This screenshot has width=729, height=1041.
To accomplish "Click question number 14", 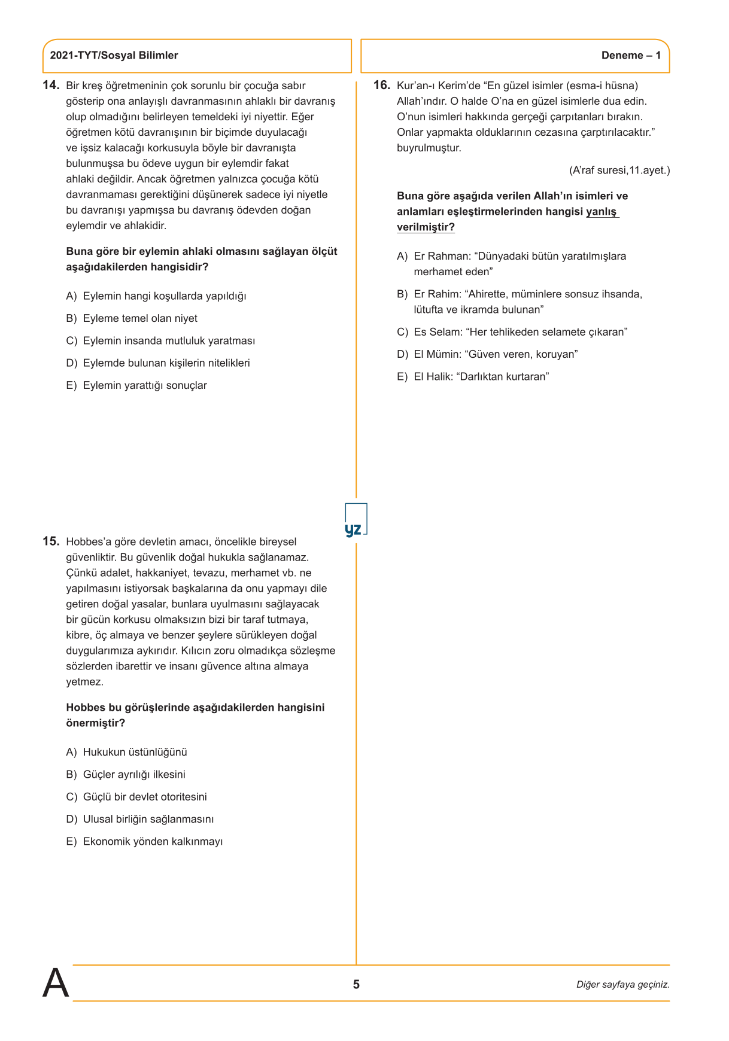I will tap(51, 85).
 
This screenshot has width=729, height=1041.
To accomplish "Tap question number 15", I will tap(51, 541).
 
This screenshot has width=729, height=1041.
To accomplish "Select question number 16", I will tap(382, 85).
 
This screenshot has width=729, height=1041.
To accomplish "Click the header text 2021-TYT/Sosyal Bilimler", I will tap(114, 56).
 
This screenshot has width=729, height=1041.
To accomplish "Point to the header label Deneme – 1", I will tap(631, 56).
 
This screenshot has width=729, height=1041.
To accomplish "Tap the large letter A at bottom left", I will tap(56, 983).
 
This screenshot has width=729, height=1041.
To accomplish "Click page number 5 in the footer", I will tap(356, 985).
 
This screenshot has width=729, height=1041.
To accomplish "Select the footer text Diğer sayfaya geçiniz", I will tap(622, 985).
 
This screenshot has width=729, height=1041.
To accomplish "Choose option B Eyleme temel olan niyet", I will tap(132, 318).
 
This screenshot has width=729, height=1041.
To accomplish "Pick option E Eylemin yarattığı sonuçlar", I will tap(136, 385).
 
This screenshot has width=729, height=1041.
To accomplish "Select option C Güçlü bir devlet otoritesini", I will tap(136, 797).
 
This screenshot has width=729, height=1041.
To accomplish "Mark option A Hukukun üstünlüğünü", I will tap(127, 752).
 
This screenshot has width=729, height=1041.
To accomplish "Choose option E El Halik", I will tap(473, 376).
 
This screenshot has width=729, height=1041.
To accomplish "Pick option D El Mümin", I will tap(487, 354).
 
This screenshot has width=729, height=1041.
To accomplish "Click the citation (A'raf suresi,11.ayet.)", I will tap(619, 171).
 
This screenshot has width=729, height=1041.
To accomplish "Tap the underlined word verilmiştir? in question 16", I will tap(426, 227).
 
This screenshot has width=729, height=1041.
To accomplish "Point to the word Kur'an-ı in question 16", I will tap(415, 86).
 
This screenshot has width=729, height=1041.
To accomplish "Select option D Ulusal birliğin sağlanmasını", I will tap(140, 819).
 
